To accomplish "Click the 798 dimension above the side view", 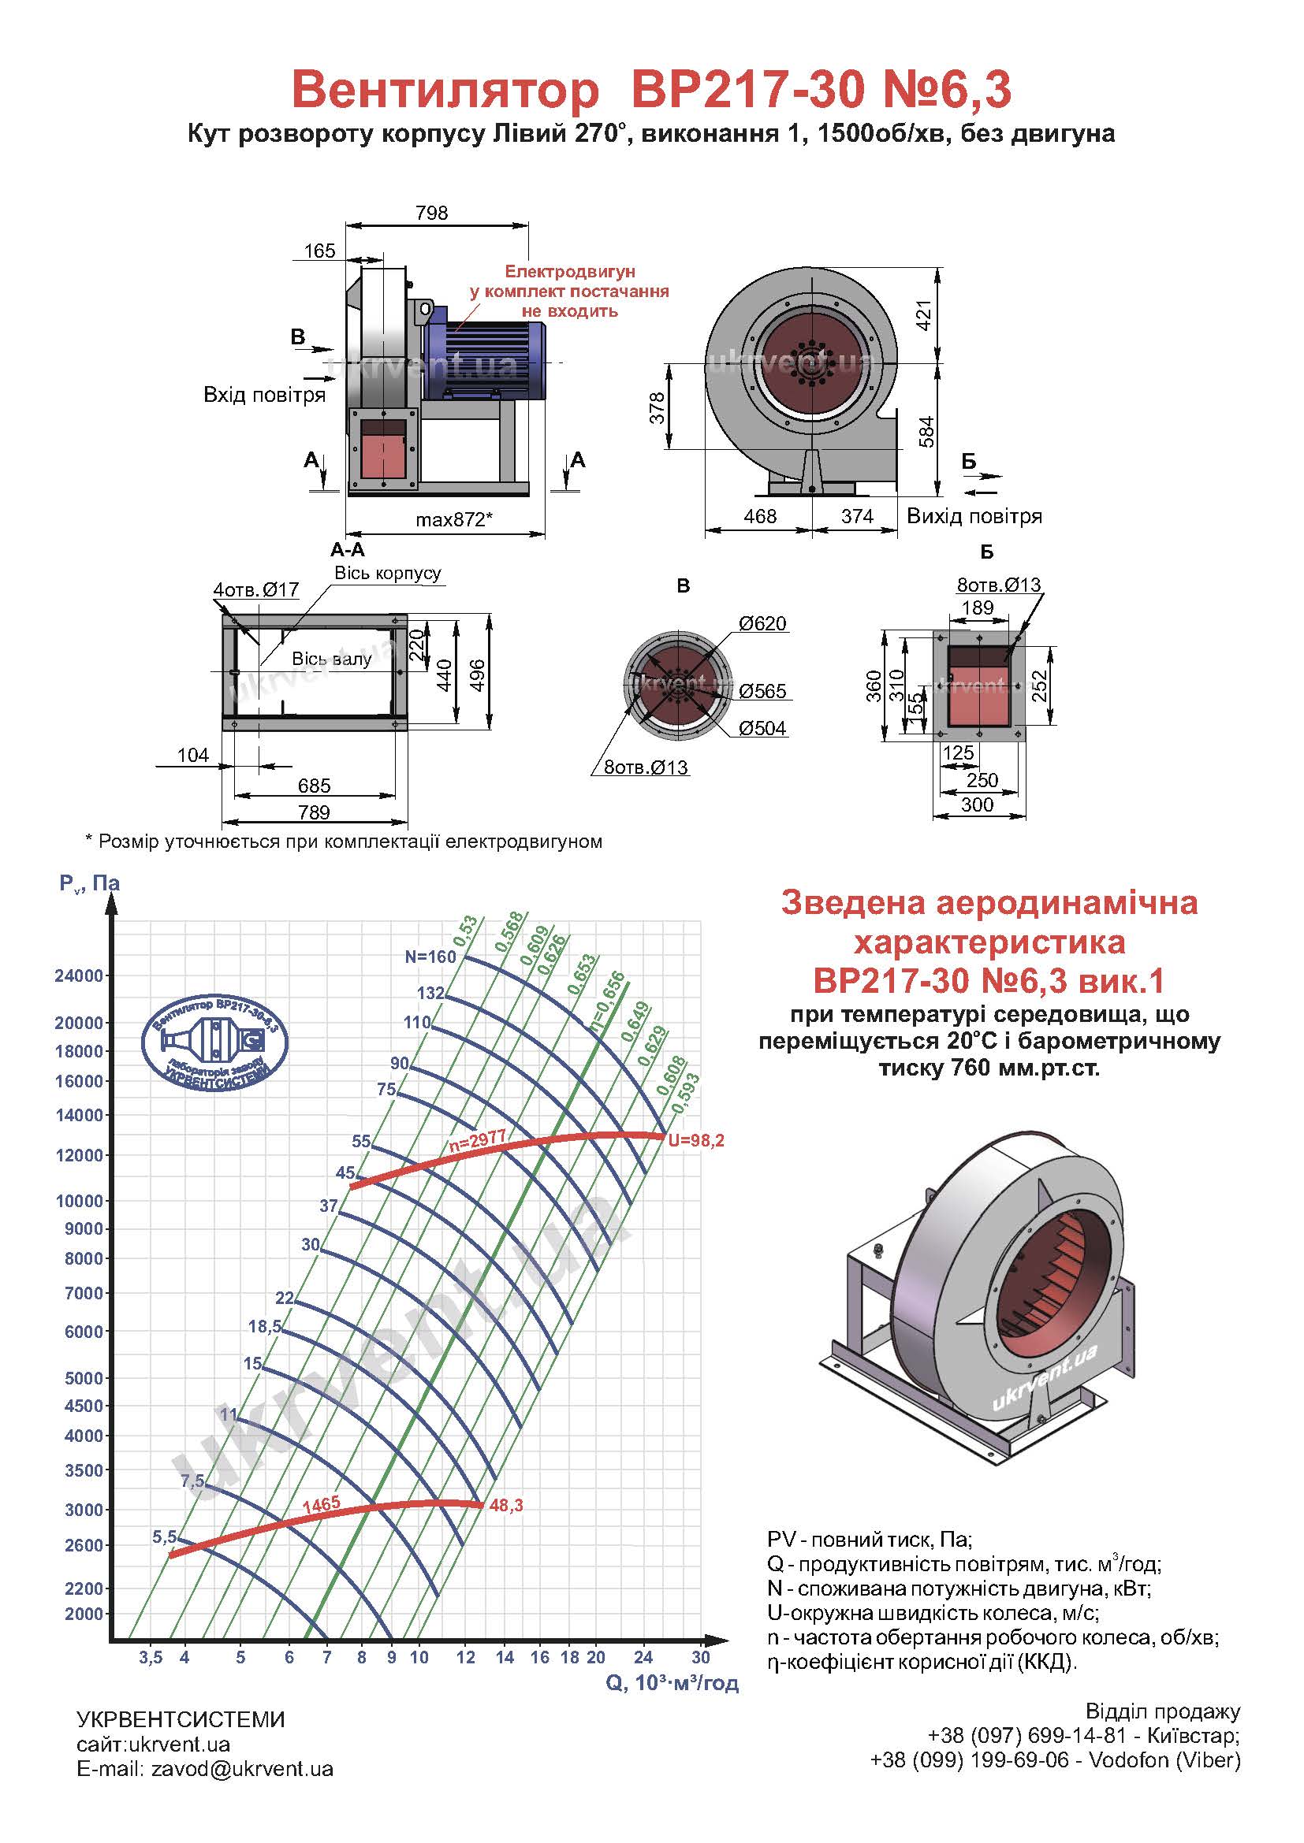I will tap(431, 213).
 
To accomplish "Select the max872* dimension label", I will tap(453, 519).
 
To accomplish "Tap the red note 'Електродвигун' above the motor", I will tap(569, 272).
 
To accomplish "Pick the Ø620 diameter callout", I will tap(762, 624).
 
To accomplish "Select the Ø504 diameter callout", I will tap(762, 728).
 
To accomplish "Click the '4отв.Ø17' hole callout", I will tap(256, 590).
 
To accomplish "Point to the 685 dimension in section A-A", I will tap(314, 785).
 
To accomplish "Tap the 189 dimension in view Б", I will tap(977, 608).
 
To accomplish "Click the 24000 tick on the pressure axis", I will tap(79, 976).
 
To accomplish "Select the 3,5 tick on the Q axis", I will tap(150, 1658).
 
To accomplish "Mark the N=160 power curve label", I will tap(430, 956).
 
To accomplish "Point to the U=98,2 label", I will tap(696, 1140).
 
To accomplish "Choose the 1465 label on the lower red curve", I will tap(321, 1504).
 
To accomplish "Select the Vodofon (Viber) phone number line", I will tap(1055, 1760).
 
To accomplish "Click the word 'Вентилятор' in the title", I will tap(445, 90).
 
